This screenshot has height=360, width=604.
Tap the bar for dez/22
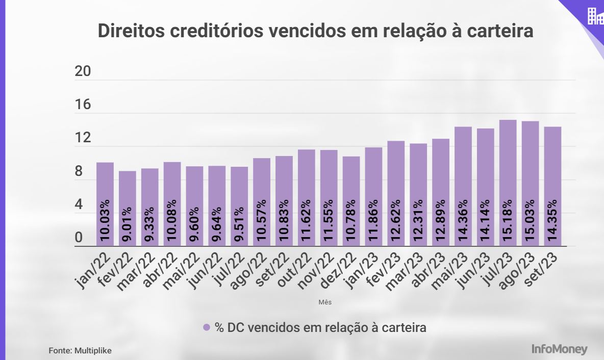click(x=351, y=201)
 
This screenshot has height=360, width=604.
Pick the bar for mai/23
click(x=463, y=186)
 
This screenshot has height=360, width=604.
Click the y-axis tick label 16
click(x=83, y=105)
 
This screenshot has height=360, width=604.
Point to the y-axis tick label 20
click(x=83, y=72)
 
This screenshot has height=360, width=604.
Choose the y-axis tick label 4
click(x=79, y=205)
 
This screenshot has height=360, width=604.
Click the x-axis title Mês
click(x=325, y=302)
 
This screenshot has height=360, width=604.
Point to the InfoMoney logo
click(x=559, y=350)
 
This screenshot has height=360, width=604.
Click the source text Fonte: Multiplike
click(x=80, y=351)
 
